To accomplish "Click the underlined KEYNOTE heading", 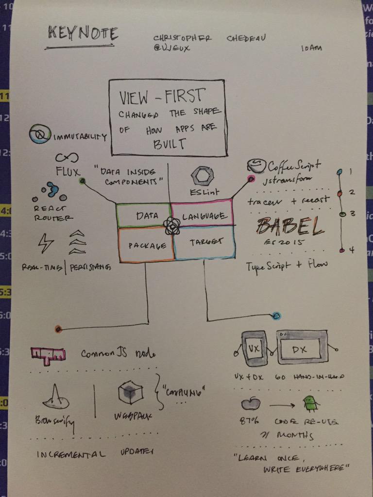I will tap(83, 34).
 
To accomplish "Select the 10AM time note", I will tap(311, 49).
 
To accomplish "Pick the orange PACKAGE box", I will tap(144, 245).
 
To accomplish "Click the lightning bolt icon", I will tap(46, 242).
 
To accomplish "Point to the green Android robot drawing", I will tap(309, 403).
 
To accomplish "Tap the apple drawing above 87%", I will tap(252, 403).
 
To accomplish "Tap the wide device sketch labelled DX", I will tap(302, 348).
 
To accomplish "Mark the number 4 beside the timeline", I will tap(352, 250).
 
